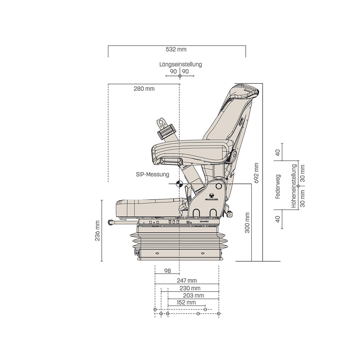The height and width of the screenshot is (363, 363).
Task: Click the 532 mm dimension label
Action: point(176,49)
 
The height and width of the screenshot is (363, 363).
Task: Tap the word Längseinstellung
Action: point(180,64)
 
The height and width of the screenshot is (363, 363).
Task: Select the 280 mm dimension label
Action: point(144,89)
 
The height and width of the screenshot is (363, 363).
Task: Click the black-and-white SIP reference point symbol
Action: point(179,184)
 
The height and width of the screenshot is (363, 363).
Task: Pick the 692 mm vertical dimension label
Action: point(257,173)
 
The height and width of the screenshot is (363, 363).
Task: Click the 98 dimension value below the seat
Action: point(167,271)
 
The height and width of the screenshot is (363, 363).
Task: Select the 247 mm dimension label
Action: point(187,280)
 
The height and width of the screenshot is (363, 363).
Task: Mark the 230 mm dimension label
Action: point(190,288)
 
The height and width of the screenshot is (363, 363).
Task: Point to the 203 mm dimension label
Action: point(193,295)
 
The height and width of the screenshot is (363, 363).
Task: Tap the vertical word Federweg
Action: point(278,186)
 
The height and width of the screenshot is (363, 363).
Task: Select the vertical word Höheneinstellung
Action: point(294,186)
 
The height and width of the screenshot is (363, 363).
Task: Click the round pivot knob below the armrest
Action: point(219,186)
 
